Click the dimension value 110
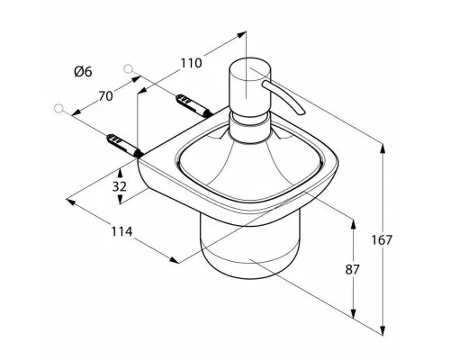click(191, 63)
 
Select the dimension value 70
click(105, 96)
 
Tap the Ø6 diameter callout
click(83, 72)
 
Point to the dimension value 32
click(120, 186)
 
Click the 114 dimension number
click(121, 231)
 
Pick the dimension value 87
click(352, 270)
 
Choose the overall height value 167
click(382, 240)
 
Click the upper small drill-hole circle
click(128, 68)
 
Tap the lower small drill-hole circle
click(59, 109)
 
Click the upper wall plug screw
click(193, 104)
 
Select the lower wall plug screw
click(124, 146)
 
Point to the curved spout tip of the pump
click(301, 112)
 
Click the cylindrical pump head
click(250, 85)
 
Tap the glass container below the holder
click(250, 245)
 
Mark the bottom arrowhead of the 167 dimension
click(382, 331)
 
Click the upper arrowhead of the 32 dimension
click(120, 173)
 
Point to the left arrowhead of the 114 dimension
click(71, 201)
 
